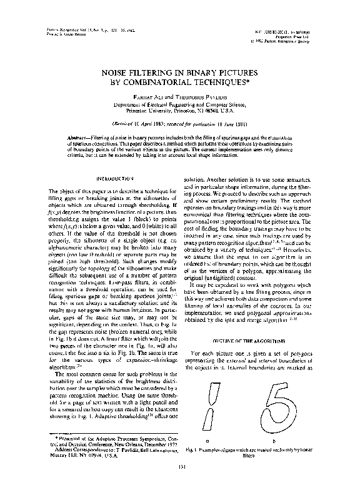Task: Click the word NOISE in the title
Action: (117, 72)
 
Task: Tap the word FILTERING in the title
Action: (159, 72)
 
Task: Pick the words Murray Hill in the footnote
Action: (62, 457)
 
